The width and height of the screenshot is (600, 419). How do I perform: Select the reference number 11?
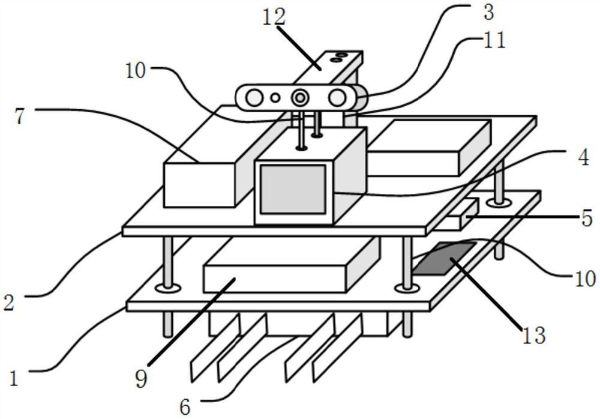(x=493, y=40)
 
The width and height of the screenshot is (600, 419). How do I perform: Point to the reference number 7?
(x=20, y=116)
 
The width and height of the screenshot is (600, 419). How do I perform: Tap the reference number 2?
(x=8, y=302)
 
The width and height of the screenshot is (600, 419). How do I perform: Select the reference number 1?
(x=13, y=378)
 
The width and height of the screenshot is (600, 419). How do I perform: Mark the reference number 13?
(x=533, y=335)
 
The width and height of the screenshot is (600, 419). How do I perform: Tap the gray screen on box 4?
(x=293, y=188)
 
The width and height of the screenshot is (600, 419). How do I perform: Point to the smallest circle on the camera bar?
(x=275, y=97)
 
